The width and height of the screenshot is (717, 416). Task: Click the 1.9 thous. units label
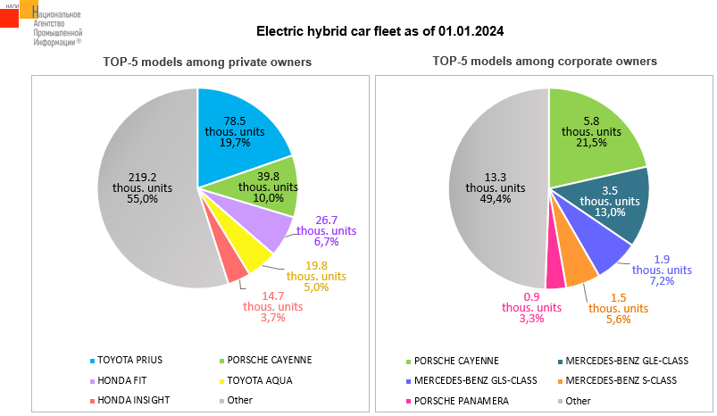[662, 270]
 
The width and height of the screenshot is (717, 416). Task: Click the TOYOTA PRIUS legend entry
[129, 360]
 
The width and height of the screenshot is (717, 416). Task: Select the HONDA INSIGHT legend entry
[135, 400]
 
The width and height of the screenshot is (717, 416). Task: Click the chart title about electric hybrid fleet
[380, 31]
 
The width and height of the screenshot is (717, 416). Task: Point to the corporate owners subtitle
[545, 62]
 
